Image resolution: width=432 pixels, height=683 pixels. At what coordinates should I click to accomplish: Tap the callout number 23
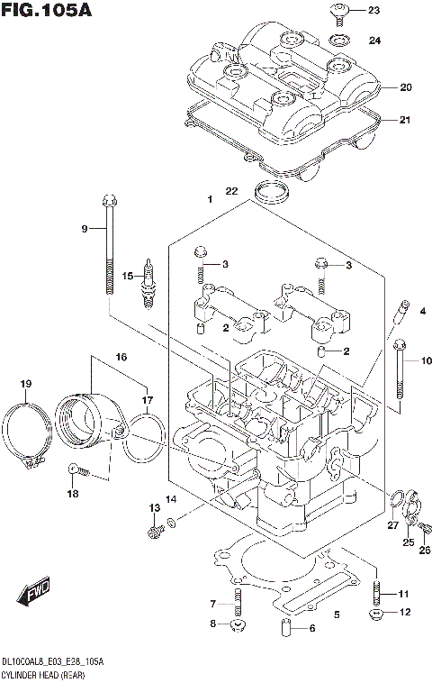pyautogui.click(x=374, y=11)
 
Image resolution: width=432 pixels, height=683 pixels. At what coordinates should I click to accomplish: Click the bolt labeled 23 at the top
pyautogui.click(x=340, y=11)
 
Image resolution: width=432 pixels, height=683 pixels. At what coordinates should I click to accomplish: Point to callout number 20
pyautogui.click(x=405, y=87)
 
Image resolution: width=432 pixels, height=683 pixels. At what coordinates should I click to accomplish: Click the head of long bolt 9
pyautogui.click(x=110, y=200)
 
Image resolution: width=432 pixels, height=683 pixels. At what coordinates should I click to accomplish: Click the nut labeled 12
pyautogui.click(x=377, y=615)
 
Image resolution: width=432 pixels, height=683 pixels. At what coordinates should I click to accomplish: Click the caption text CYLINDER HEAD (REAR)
pyautogui.click(x=40, y=672)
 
